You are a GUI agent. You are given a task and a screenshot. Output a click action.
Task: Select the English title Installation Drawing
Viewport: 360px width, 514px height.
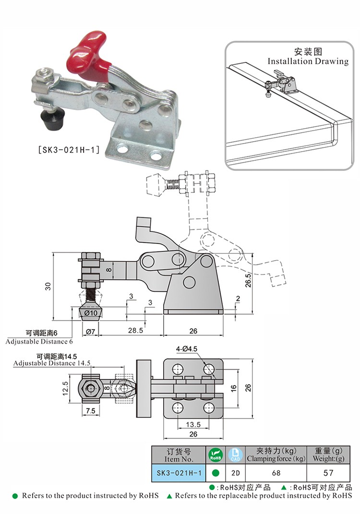coord(308,61)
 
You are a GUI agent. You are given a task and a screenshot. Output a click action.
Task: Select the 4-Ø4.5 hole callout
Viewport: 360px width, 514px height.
coord(190,349)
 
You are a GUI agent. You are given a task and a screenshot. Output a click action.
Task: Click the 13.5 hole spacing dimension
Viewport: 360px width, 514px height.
coord(193,425)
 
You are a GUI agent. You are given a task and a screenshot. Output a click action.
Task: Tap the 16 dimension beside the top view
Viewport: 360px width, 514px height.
coord(234,388)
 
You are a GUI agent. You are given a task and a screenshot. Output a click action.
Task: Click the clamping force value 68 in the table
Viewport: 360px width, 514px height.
coord(276,473)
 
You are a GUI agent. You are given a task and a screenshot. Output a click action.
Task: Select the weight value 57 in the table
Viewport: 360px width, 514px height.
coord(328,473)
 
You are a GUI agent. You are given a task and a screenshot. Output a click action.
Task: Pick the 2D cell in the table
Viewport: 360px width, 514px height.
coord(235,473)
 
